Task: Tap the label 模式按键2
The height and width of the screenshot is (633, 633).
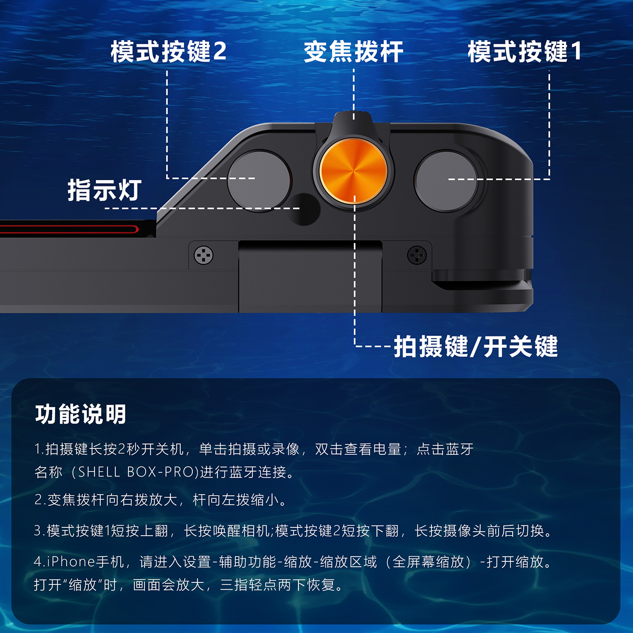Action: (168, 52)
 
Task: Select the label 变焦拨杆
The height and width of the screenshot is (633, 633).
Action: (353, 52)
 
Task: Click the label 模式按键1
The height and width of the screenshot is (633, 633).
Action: (524, 52)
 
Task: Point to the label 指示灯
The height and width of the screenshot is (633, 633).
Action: (105, 190)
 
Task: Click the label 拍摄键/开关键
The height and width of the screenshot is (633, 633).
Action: (476, 346)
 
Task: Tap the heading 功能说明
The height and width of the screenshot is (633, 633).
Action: (80, 414)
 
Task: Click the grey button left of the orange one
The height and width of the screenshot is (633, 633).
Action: (259, 181)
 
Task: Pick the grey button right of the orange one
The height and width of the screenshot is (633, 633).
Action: (446, 181)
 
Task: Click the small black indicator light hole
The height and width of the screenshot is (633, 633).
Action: (303, 209)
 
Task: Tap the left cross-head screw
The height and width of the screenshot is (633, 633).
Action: (204, 255)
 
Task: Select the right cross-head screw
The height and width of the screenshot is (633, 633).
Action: (417, 255)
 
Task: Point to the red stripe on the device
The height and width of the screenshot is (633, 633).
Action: (69, 229)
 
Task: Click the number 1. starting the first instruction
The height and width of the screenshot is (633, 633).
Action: (39, 449)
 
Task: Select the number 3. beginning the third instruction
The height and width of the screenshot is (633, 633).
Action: (39, 531)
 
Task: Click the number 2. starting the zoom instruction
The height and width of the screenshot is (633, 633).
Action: (40, 500)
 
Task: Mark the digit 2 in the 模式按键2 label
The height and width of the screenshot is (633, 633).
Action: (220, 52)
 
